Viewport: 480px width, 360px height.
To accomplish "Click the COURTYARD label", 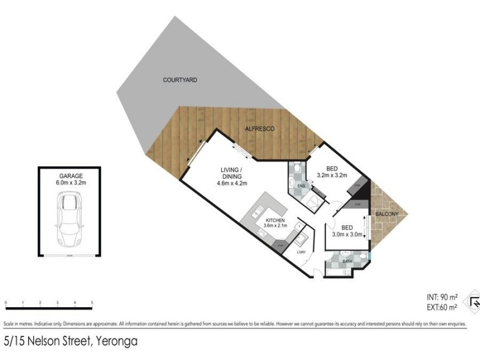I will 180,80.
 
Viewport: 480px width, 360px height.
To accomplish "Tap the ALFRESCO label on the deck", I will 260,129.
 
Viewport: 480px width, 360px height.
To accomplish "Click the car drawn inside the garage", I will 70,219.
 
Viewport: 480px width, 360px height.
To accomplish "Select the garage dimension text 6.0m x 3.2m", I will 70,181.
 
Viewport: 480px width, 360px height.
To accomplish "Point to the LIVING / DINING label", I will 230,173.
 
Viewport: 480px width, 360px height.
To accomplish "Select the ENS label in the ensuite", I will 301,187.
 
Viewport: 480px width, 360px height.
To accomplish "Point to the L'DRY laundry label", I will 301,251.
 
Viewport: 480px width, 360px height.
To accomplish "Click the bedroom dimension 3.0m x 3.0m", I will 349,235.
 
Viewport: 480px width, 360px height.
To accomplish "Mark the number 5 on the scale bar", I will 92,302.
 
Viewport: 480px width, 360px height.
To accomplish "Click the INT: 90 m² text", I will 442,297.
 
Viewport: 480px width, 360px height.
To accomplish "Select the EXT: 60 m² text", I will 442,307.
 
